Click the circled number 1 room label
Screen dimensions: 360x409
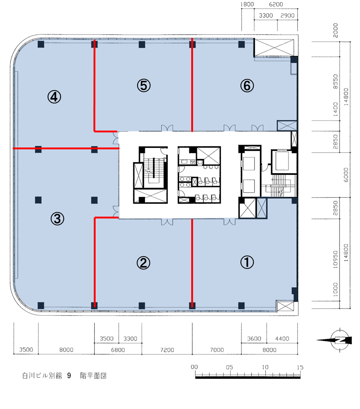[247, 262]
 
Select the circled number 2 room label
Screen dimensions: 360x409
[143, 263]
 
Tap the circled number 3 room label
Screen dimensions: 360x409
[57, 218]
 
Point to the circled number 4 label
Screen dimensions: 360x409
[54, 97]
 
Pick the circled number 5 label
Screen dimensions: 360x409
[144, 86]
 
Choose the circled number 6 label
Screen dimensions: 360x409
[247, 86]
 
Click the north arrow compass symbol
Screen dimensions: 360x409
[336, 340]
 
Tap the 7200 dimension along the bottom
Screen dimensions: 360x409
[167, 350]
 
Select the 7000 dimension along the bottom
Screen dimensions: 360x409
[217, 350]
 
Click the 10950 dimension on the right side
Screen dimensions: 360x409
[335, 260]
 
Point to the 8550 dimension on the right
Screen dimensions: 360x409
[335, 81]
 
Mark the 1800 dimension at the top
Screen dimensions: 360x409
[247, 4]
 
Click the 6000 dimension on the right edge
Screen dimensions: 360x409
[346, 175]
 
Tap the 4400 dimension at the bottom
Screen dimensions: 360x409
[282, 339]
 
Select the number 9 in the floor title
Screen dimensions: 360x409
[69, 376]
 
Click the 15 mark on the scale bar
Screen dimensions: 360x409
[300, 367]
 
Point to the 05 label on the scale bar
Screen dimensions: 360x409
[229, 367]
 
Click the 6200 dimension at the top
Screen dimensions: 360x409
[276, 4]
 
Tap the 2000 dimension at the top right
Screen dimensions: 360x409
[335, 30]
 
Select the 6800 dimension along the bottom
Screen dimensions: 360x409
[118, 350]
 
